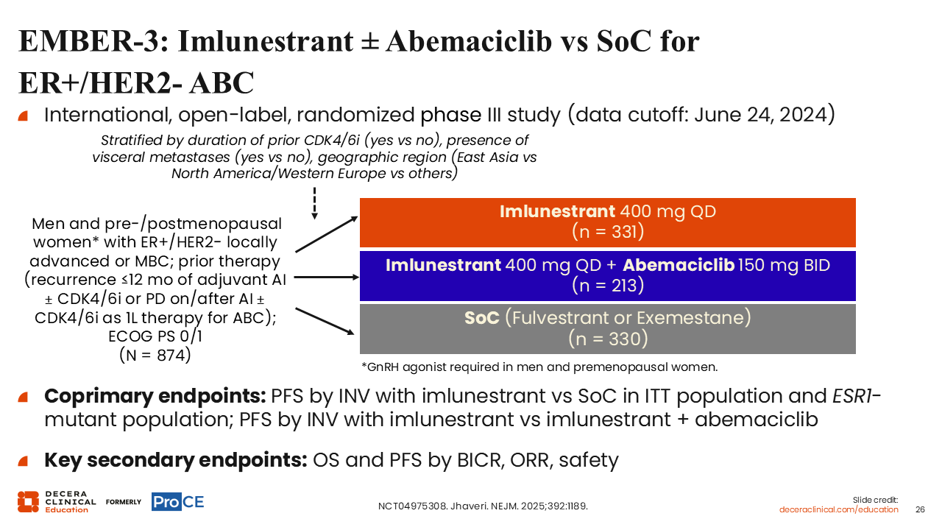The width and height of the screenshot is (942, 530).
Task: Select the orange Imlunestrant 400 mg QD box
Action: click(x=608, y=222)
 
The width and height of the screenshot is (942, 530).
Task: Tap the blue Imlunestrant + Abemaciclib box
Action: click(x=608, y=276)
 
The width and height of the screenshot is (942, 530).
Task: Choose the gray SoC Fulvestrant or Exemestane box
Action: click(x=608, y=329)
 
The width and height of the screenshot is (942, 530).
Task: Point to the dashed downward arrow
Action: click(x=314, y=203)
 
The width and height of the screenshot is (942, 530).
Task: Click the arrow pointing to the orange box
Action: click(x=327, y=234)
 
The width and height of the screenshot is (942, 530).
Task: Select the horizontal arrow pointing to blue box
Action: click(x=327, y=278)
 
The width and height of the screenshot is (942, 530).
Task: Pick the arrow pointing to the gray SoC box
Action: click(x=325, y=322)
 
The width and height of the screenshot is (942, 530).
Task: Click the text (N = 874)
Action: click(x=155, y=355)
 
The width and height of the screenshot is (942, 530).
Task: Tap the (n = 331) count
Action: click(x=608, y=231)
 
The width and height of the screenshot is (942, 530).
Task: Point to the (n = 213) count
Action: click(x=608, y=285)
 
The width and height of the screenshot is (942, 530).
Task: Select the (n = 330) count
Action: click(x=608, y=339)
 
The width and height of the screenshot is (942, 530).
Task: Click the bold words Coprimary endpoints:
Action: click(x=155, y=396)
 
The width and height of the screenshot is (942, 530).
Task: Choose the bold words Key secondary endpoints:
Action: click(x=176, y=460)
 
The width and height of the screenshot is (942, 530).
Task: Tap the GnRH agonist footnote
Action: click(x=539, y=367)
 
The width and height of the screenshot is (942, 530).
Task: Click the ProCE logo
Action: click(x=177, y=502)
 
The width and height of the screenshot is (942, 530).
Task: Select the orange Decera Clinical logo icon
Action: click(x=28, y=502)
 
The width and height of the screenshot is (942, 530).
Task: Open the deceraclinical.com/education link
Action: click(x=838, y=510)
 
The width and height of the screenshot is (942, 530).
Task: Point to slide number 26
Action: click(x=920, y=510)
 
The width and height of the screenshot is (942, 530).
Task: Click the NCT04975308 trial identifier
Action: click(x=412, y=506)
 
